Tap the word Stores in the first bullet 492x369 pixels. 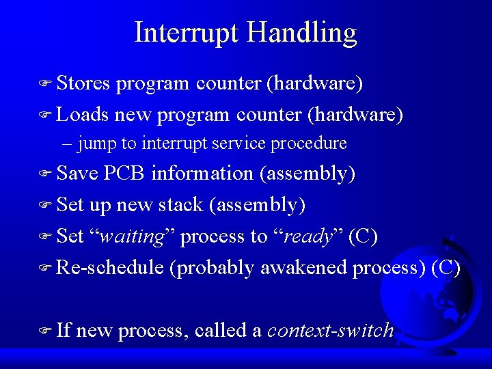pyautogui.click(x=83, y=83)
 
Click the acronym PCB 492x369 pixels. pyautogui.click(x=124, y=174)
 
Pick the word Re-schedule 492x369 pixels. pyautogui.click(x=110, y=267)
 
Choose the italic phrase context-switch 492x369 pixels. pyautogui.click(x=331, y=331)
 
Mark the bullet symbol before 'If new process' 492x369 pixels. pyautogui.click(x=46, y=331)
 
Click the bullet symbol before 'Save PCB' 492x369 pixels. pyautogui.click(x=46, y=174)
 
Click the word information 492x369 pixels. pyautogui.click(x=202, y=174)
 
